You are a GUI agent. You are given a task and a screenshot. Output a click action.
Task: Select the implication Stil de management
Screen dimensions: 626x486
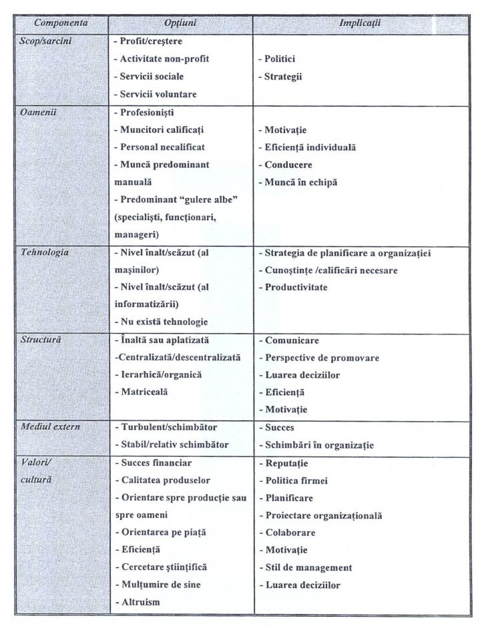(304, 567)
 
